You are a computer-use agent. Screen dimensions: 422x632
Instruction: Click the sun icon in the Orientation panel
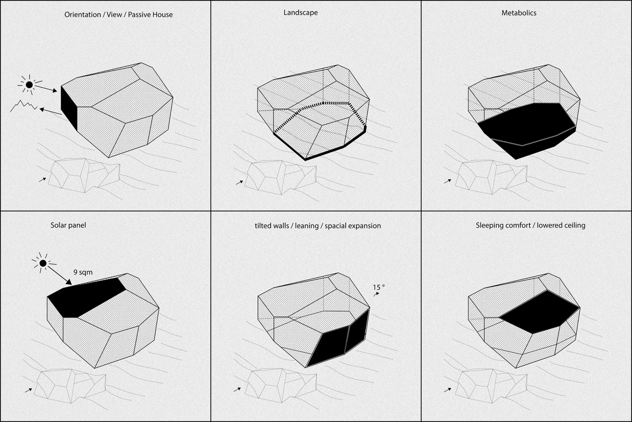click(x=29, y=84)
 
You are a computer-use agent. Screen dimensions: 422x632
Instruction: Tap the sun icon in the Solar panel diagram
click(x=43, y=263)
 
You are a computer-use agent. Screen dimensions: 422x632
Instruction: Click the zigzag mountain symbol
click(x=23, y=106)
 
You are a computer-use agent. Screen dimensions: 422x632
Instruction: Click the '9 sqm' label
click(x=83, y=272)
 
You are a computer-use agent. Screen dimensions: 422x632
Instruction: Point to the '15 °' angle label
click(x=378, y=287)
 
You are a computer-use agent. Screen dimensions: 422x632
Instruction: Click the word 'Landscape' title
click(x=300, y=13)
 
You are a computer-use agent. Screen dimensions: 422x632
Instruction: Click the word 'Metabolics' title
click(x=519, y=13)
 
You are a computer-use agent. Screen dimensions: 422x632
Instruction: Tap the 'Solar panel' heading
click(x=68, y=225)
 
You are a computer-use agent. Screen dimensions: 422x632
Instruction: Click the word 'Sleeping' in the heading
click(x=490, y=225)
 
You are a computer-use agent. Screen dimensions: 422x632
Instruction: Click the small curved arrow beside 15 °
click(x=376, y=294)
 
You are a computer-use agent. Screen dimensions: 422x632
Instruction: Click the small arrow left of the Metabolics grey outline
click(x=447, y=181)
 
